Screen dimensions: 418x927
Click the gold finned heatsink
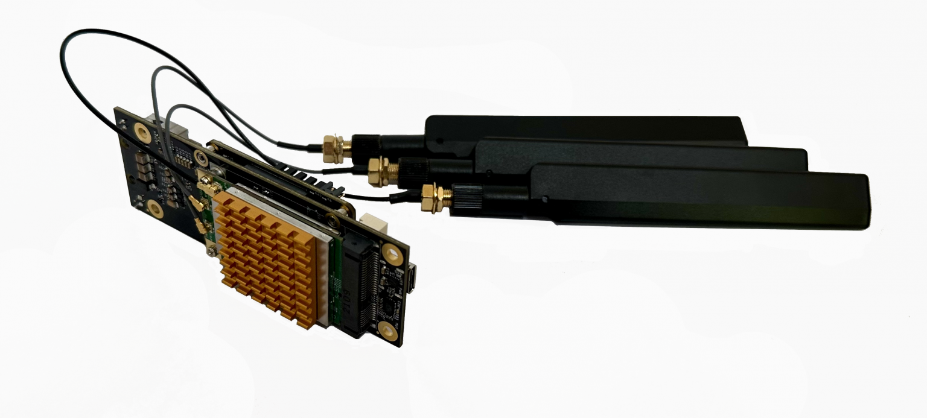click(x=266, y=259)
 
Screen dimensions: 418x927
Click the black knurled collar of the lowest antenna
click(x=468, y=197)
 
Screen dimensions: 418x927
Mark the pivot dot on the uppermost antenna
click(x=440, y=140)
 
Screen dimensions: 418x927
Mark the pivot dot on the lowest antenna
click(x=544, y=198)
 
